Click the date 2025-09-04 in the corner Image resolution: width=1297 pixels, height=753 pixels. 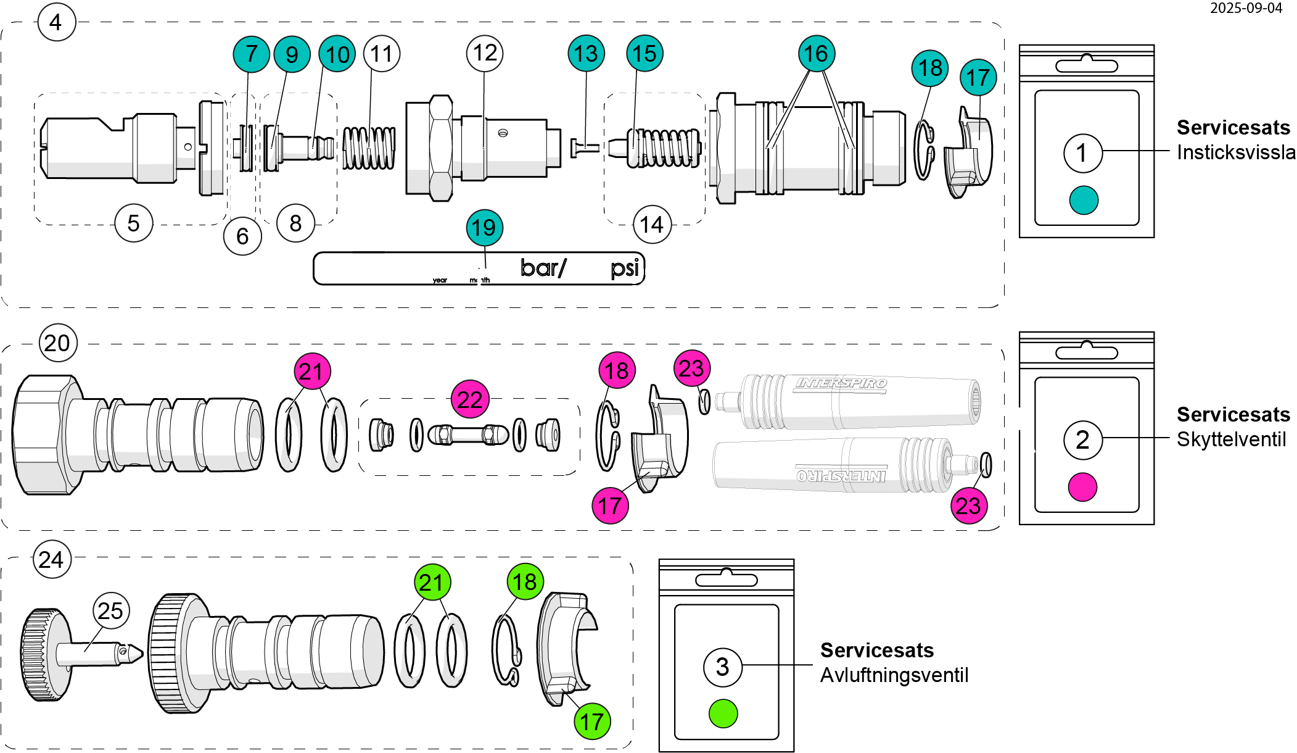[x=1246, y=9]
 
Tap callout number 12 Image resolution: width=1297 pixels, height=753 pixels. [x=485, y=53]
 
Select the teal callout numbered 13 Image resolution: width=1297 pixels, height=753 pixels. [x=586, y=54]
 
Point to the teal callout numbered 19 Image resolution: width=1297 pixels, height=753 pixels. [x=485, y=228]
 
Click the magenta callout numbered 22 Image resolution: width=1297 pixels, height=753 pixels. [x=470, y=399]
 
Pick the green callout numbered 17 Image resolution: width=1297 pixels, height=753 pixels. [x=592, y=721]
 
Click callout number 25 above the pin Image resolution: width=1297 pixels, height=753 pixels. [x=111, y=611]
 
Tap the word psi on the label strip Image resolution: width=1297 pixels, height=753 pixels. [x=625, y=268]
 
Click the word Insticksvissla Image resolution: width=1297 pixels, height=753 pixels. [x=1235, y=152]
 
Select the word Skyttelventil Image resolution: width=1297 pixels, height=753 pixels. [x=1231, y=439]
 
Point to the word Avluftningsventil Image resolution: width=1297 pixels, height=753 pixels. [x=894, y=675]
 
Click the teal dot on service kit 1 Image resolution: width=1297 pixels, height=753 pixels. [x=1084, y=200]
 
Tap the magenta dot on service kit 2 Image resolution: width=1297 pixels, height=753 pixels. [x=1082, y=487]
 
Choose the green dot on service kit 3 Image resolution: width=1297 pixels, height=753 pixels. [x=723, y=713]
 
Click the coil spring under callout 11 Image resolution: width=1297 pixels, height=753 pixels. [x=369, y=148]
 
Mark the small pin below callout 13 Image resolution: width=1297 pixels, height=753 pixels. [x=585, y=148]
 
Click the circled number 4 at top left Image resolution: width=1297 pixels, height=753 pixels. [x=56, y=22]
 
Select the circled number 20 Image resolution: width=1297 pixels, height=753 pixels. [x=58, y=343]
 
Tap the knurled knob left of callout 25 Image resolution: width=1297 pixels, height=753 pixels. [x=46, y=654]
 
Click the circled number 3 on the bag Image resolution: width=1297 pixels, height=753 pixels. [x=722, y=667]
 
